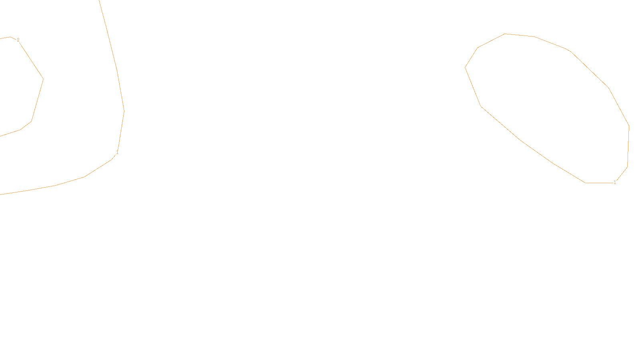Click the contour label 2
(18, 40)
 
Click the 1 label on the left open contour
(117, 152)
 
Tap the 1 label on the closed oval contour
(615, 182)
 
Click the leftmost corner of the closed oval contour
(465, 67)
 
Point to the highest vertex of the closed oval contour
(505, 34)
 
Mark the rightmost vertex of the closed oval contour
(629, 126)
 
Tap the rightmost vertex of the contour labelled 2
(43, 79)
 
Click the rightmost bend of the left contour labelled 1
(124, 111)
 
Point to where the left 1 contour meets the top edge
(99, 1)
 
